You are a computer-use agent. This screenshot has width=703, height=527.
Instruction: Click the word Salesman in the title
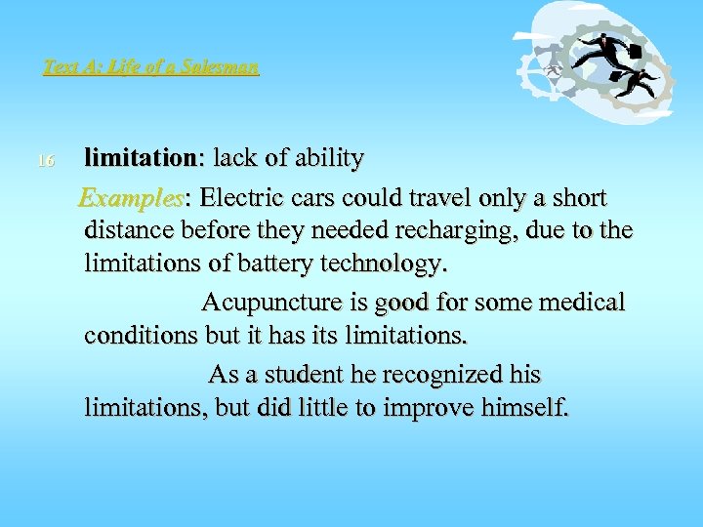point(227,68)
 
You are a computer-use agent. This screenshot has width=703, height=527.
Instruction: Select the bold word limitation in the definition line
point(141,157)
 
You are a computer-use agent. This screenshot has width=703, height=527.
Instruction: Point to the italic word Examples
point(131,198)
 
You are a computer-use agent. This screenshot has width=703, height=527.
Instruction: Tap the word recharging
point(460,231)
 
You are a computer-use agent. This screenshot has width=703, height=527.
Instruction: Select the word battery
point(282,263)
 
